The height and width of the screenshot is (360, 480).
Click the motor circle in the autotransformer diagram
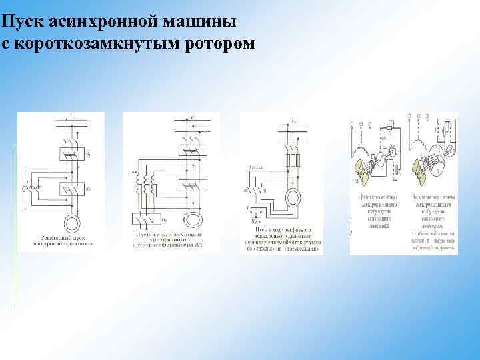pyautogui.click(x=192, y=219)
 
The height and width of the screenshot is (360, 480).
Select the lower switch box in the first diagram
pyautogui.click(x=71, y=190)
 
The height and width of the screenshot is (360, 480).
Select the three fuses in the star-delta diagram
pyautogui.click(x=292, y=161)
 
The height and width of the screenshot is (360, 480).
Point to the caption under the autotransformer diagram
pyautogui.click(x=171, y=240)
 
